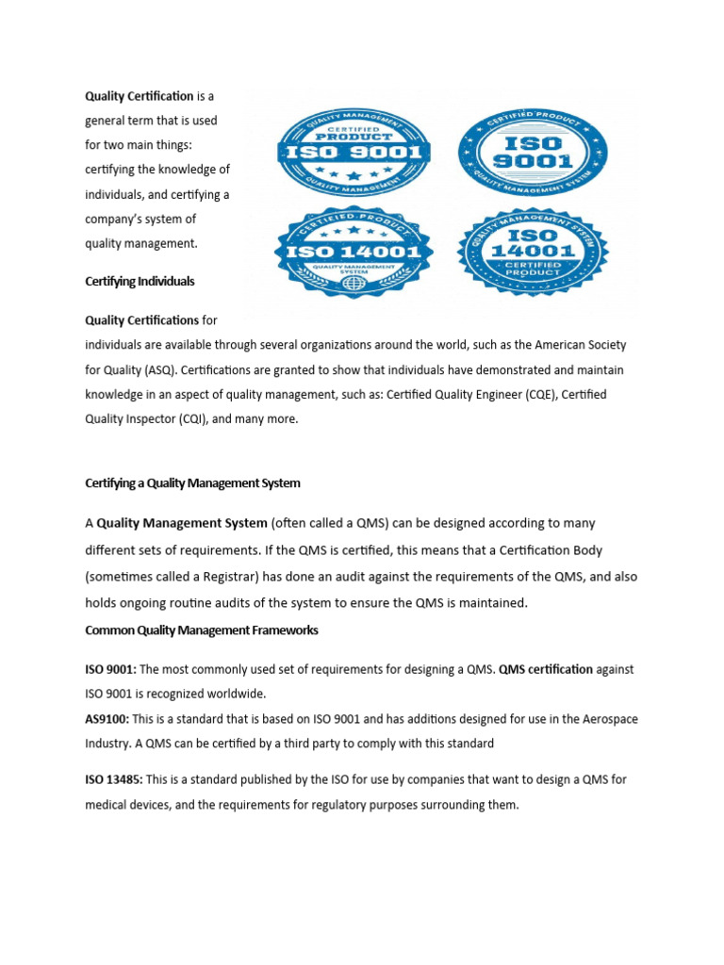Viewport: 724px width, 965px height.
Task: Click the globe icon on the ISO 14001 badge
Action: click(x=353, y=284)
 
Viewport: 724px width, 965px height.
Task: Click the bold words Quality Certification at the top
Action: click(x=140, y=96)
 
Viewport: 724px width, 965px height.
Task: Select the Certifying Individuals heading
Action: click(x=140, y=282)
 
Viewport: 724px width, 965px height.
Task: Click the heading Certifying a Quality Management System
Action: click(x=192, y=483)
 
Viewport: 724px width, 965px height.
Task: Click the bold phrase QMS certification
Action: click(x=546, y=669)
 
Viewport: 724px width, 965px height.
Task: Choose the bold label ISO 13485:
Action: click(x=115, y=780)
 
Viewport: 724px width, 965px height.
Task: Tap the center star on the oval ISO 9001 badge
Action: click(x=354, y=176)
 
